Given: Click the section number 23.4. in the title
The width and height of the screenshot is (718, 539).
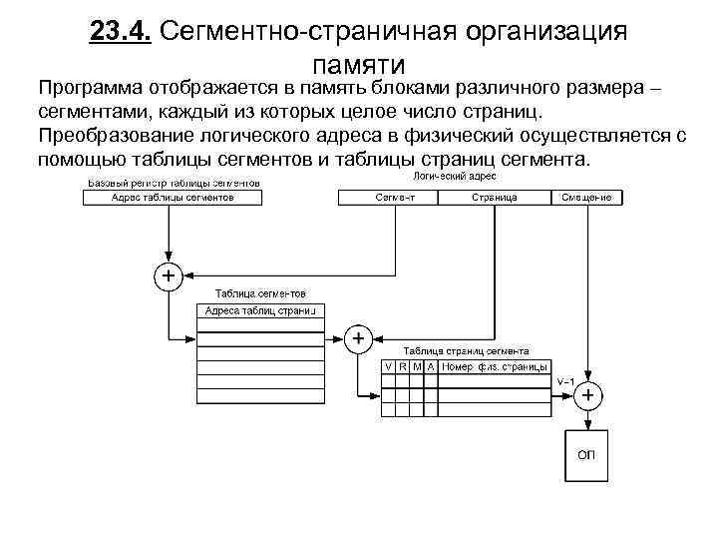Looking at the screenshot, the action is click(x=119, y=32).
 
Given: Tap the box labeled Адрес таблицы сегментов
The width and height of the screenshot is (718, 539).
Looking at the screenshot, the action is click(x=173, y=198).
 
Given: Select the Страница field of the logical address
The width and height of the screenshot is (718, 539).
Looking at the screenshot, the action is click(x=495, y=198).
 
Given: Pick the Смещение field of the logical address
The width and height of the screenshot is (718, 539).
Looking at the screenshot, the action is click(x=585, y=198).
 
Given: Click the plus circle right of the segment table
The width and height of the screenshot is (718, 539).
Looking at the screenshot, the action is click(x=358, y=339).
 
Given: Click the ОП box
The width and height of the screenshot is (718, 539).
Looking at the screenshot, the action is click(x=586, y=455).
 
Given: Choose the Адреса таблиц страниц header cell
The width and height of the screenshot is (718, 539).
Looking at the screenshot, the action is click(x=259, y=311).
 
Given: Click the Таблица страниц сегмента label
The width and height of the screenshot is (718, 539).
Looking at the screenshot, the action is click(x=466, y=351).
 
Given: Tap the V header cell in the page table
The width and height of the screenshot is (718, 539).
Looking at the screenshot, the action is click(x=389, y=367).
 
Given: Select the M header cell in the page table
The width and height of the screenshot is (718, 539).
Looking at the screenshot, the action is click(x=416, y=367).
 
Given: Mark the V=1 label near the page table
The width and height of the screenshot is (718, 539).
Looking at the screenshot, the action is click(x=565, y=381).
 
